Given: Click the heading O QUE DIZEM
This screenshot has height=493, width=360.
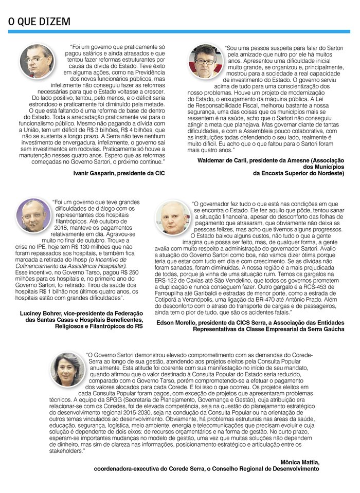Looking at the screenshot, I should (39, 21).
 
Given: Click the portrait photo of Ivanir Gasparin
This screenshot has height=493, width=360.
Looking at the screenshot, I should (37, 60).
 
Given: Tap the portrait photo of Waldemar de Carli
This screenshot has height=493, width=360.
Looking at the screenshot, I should (205, 60).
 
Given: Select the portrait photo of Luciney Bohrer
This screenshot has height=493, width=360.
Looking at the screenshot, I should (34, 215).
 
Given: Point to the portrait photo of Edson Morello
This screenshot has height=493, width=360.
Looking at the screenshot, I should (173, 217).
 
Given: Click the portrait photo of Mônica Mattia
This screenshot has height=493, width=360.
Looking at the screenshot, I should (68, 369).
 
